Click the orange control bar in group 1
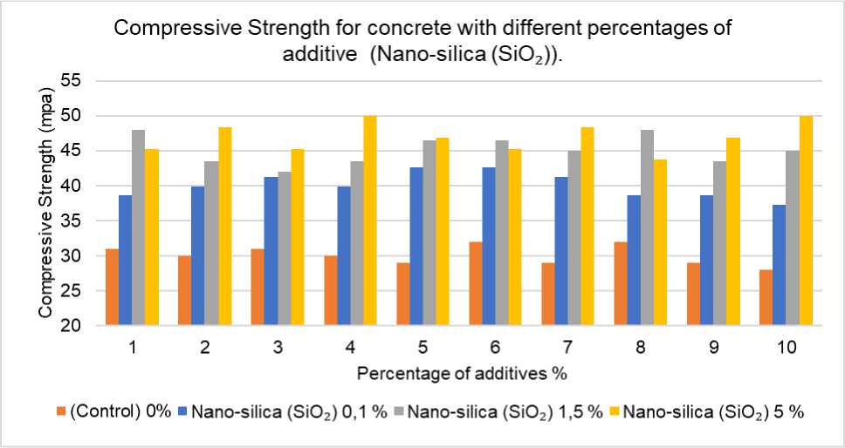[x=113, y=288]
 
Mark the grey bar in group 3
[x=285, y=248]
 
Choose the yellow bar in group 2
[x=225, y=227]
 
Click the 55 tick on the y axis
[x=70, y=81]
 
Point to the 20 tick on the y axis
[x=70, y=326]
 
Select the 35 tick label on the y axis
[x=70, y=221]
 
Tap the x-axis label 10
[x=786, y=347]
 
